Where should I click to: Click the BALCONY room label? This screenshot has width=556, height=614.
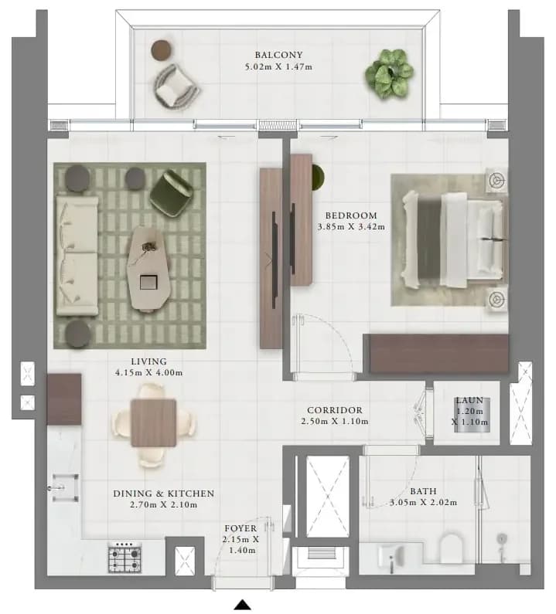pyautogui.click(x=278, y=55)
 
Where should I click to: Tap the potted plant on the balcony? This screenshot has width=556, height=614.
pyautogui.click(x=388, y=73)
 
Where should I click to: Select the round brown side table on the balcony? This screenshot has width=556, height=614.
pyautogui.click(x=161, y=50)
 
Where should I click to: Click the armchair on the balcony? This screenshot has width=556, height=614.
pyautogui.click(x=176, y=86)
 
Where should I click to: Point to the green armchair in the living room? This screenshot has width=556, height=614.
pyautogui.click(x=172, y=192)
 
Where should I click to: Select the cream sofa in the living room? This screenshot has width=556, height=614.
pyautogui.click(x=77, y=256)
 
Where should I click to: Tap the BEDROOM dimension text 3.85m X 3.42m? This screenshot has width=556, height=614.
pyautogui.click(x=351, y=227)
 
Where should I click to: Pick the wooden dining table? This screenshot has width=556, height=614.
pyautogui.click(x=153, y=423)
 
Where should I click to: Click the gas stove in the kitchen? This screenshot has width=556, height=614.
pyautogui.click(x=125, y=557)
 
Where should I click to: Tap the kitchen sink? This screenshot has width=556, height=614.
pyautogui.click(x=65, y=487)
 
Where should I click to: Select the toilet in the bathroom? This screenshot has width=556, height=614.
pyautogui.click(x=451, y=548)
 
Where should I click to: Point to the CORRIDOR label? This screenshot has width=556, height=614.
pyautogui.click(x=335, y=410)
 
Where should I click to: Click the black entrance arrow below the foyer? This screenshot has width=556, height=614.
pyautogui.click(x=243, y=605)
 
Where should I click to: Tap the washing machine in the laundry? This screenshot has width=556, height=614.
pyautogui.click(x=472, y=415)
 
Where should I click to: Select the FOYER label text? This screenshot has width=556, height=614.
pyautogui.click(x=240, y=528)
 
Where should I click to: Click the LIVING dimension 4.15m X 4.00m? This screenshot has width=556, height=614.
pyautogui.click(x=149, y=373)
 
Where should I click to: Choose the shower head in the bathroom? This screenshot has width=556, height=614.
pyautogui.click(x=501, y=539)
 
